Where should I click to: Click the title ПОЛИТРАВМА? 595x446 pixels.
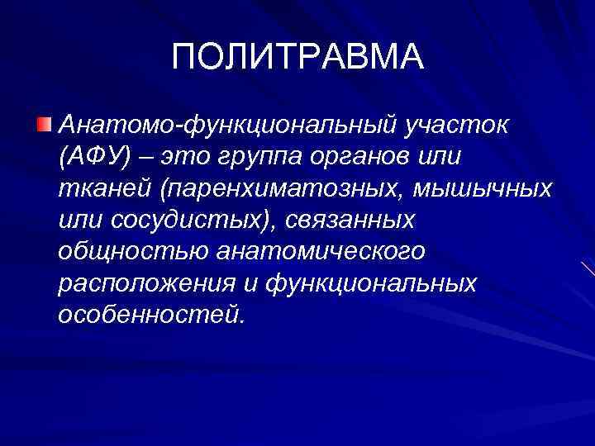[297, 57]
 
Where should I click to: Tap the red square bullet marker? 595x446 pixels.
[44, 125]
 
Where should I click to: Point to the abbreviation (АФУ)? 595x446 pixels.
[93, 157]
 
